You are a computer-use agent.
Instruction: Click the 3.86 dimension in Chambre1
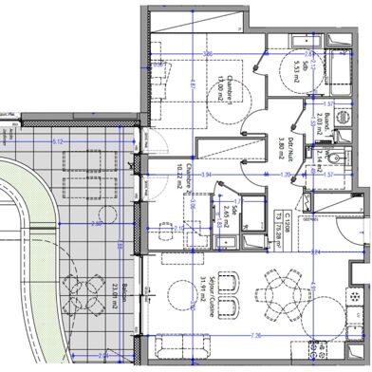coord(206,54)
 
